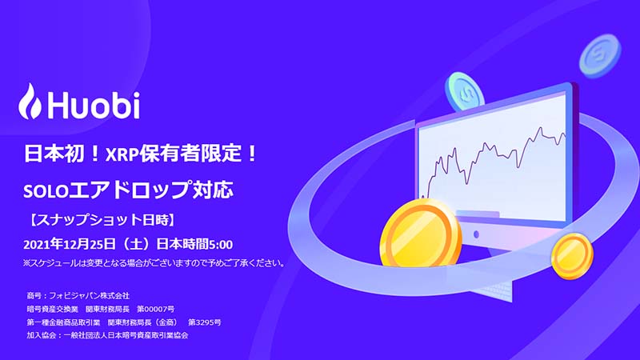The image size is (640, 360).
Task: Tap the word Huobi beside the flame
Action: pos(94,105)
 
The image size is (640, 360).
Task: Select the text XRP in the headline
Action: pos(122,154)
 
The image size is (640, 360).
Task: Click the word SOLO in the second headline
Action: pos(46,191)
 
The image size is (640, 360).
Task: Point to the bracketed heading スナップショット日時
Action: pos(102,220)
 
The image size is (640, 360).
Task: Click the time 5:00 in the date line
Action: pos(221,245)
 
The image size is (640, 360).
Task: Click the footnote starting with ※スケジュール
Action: pos(154,263)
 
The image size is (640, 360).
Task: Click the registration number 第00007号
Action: pos(155,309)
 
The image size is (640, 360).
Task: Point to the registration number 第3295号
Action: pos(205,322)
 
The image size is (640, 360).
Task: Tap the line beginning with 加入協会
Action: pos(108,335)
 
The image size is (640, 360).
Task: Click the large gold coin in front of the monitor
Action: pos(421,234)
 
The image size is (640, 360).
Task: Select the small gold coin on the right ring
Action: pos(572,256)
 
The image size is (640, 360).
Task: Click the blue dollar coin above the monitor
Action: pos(465,92)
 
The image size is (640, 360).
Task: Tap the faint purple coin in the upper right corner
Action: pos(599,56)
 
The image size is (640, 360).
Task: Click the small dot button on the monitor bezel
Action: pos(476,234)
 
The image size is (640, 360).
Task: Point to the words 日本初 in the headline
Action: pos(54,154)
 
